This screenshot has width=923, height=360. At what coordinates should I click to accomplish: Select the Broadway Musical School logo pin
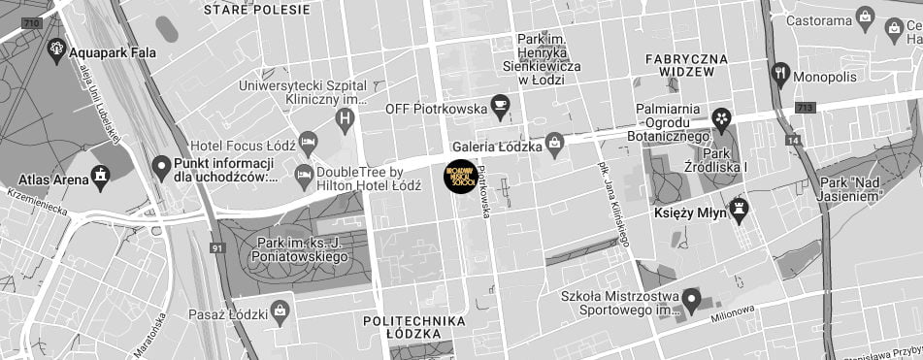460,176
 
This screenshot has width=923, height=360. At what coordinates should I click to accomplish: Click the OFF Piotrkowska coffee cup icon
500,109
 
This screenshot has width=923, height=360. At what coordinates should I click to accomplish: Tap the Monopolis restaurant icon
779,74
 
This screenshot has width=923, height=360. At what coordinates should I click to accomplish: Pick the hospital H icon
344,119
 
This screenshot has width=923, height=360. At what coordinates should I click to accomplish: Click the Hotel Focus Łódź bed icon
308,142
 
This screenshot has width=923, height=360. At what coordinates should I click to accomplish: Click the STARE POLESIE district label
256,10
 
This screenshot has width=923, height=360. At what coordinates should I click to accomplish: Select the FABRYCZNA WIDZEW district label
686,65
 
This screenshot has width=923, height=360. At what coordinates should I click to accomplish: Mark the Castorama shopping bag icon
863,17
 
